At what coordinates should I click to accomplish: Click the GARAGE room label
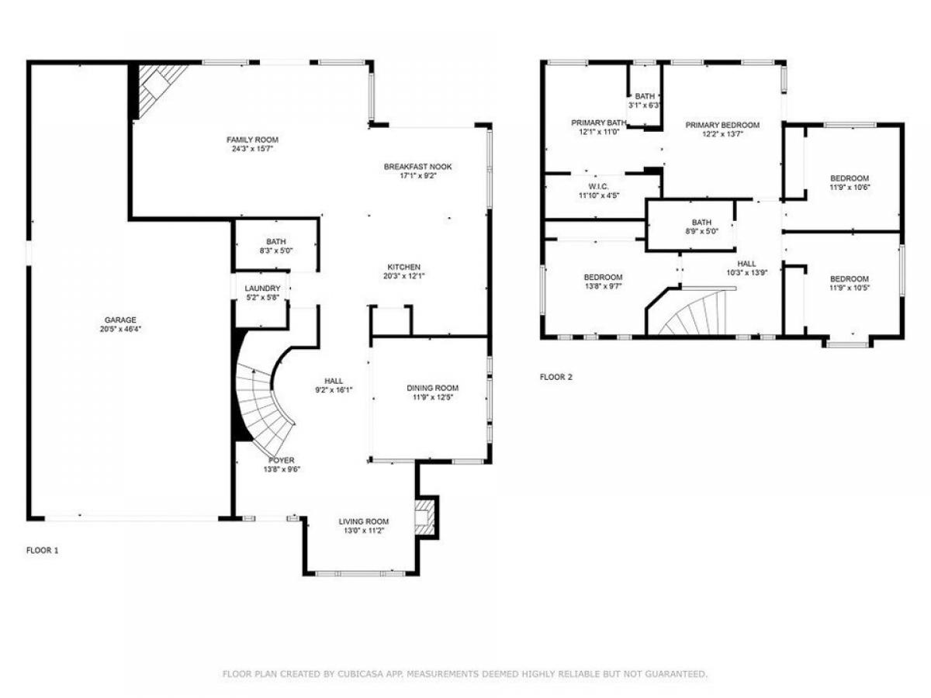pyautogui.click(x=120, y=320)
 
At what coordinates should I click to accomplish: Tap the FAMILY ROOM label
pyautogui.click(x=252, y=140)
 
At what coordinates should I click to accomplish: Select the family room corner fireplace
pyautogui.click(x=159, y=90)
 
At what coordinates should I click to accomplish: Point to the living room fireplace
pyautogui.click(x=424, y=517)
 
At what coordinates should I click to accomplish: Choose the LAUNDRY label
pyautogui.click(x=262, y=289)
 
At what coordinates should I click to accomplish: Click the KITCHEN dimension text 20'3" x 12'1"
pyautogui.click(x=403, y=276)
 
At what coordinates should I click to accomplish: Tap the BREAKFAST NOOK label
pyautogui.click(x=417, y=167)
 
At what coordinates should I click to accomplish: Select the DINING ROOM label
pyautogui.click(x=433, y=389)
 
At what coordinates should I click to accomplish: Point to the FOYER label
pyautogui.click(x=281, y=460)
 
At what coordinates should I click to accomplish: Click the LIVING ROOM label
pyautogui.click(x=364, y=522)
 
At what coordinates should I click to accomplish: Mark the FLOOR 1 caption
pyautogui.click(x=43, y=551)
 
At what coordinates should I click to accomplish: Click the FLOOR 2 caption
pyautogui.click(x=556, y=377)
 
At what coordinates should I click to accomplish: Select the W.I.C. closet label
pyautogui.click(x=598, y=186)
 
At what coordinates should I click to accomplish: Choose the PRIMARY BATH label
pyautogui.click(x=598, y=123)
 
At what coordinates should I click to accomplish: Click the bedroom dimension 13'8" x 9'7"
pyautogui.click(x=603, y=286)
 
